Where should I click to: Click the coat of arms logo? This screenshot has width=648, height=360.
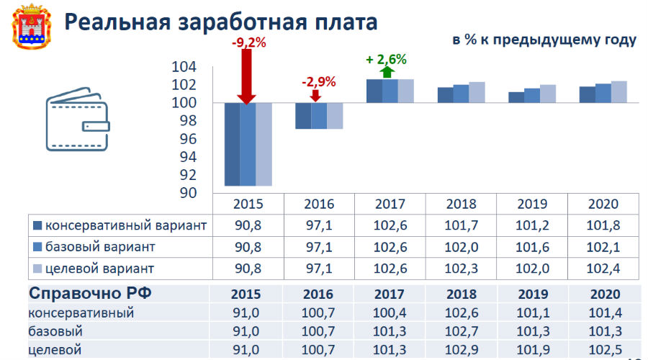pyautogui.click(x=25, y=25)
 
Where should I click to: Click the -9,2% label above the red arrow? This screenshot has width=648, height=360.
pyautogui.click(x=248, y=43)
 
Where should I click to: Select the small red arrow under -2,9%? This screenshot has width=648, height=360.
pyautogui.click(x=319, y=96)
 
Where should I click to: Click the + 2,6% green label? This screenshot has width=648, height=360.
pyautogui.click(x=387, y=59)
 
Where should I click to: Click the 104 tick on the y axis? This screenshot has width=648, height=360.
pyautogui.click(x=184, y=67)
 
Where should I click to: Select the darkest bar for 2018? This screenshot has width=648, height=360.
pyautogui.click(x=446, y=95)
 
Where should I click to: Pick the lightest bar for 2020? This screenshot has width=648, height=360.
pyautogui.click(x=618, y=92)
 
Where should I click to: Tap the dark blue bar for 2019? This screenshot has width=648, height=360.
pyautogui.click(x=516, y=97)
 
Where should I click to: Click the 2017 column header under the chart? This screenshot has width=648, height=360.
pyautogui.click(x=390, y=204)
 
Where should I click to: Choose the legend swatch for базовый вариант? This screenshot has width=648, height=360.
pyautogui.click(x=38, y=247)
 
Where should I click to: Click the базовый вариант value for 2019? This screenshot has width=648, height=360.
pyautogui.click(x=532, y=247)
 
